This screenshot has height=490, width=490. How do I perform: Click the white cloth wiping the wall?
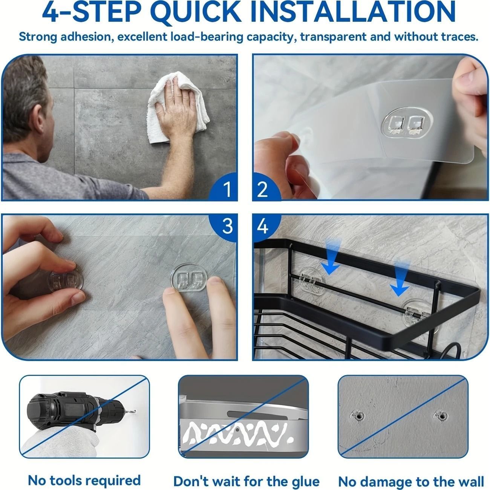point(178,107)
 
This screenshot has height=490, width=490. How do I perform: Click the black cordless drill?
point(76,412)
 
